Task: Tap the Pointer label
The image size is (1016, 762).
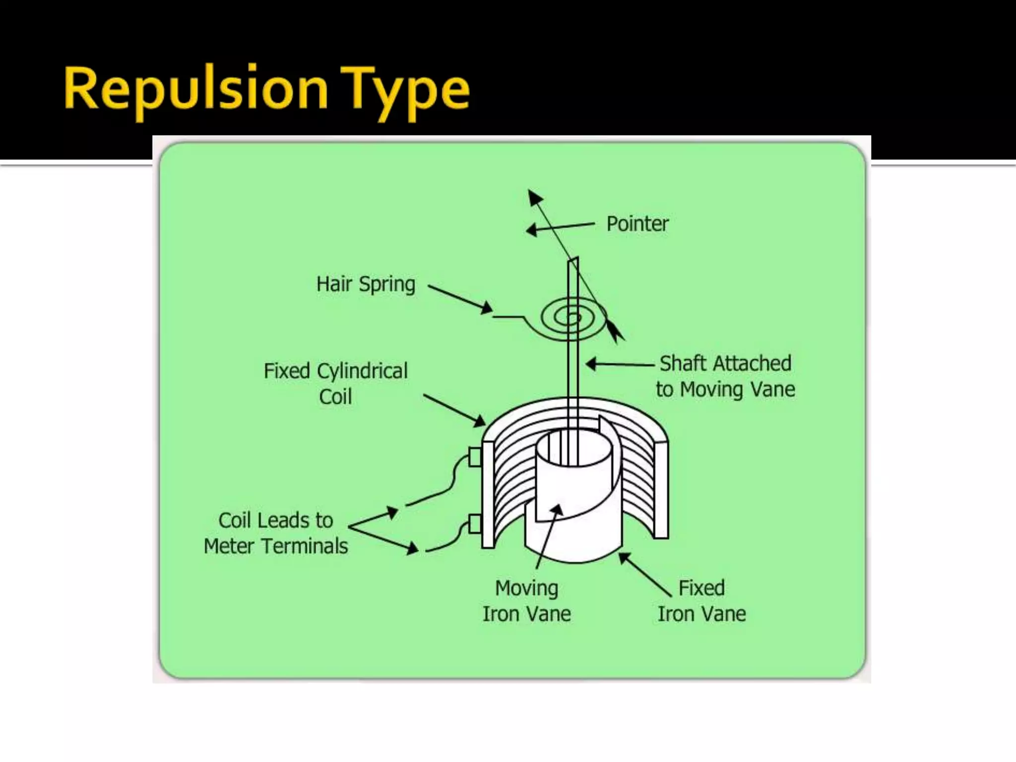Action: point(637,224)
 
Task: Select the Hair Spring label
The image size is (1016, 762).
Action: point(366,285)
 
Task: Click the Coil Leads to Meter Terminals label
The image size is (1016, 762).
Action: point(276,533)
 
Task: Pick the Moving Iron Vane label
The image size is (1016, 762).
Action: point(527,601)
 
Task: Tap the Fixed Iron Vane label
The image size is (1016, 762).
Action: point(701,601)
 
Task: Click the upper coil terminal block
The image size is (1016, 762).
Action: point(475,457)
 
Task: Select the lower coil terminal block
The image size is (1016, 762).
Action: point(475,524)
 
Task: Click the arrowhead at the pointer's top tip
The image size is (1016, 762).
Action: point(534,197)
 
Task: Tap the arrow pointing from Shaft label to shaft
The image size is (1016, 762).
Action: point(620,365)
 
